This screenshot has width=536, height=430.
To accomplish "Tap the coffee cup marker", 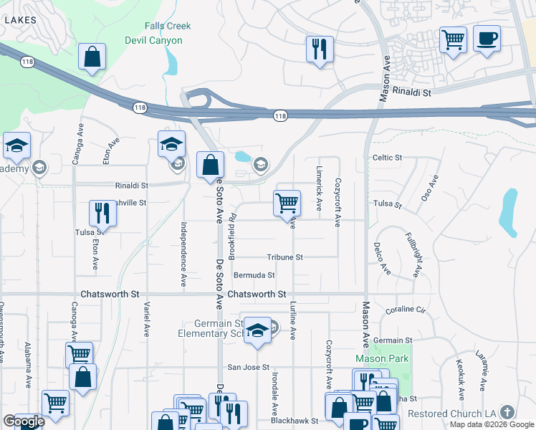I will [x=487, y=39].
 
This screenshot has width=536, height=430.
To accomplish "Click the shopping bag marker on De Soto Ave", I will [x=209, y=166].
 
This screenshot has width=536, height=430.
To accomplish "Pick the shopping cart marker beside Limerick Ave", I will [x=287, y=203].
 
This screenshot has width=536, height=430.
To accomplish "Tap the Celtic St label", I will [x=388, y=157].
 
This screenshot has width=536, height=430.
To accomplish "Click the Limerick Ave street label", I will [x=319, y=189].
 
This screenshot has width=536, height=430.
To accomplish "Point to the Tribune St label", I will [x=285, y=257].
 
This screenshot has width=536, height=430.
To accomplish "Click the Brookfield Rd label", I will [x=232, y=236].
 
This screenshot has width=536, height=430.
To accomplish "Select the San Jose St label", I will [x=248, y=368].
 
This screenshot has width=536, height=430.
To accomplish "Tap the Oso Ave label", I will [x=429, y=188].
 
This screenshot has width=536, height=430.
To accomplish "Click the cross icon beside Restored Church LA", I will [x=507, y=412].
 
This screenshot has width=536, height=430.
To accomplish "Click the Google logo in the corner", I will [x=23, y=421].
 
